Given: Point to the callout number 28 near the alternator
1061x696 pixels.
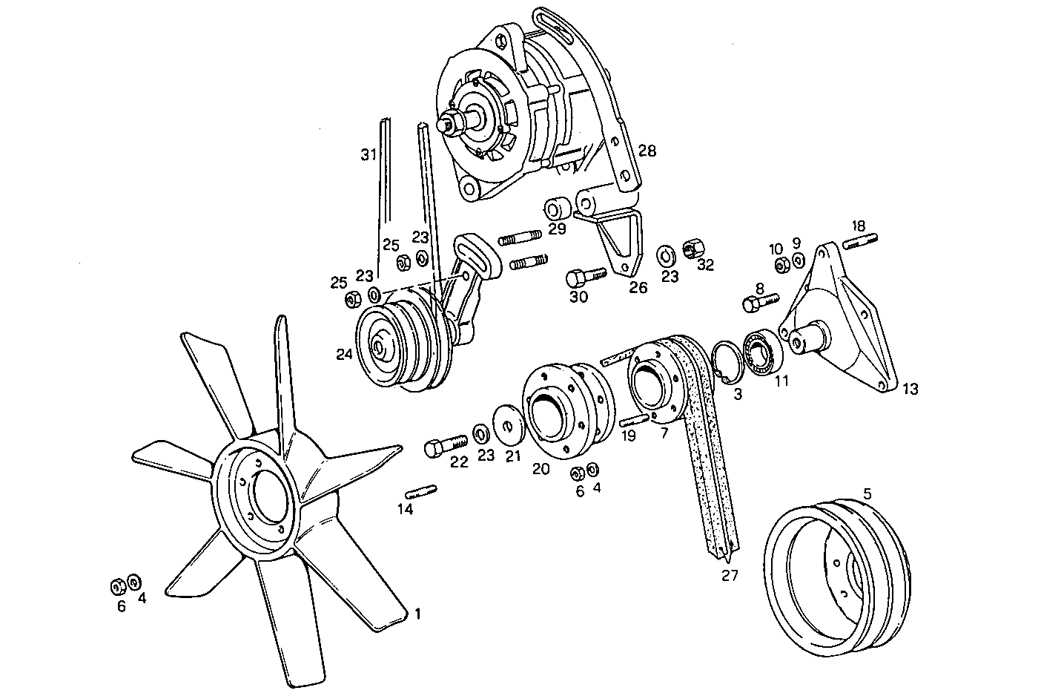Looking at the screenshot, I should (647, 151).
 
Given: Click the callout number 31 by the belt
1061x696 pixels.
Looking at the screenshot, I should (368, 154).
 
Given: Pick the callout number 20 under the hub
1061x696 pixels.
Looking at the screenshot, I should (541, 468).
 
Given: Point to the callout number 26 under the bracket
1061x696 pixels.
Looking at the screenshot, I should (638, 287).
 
